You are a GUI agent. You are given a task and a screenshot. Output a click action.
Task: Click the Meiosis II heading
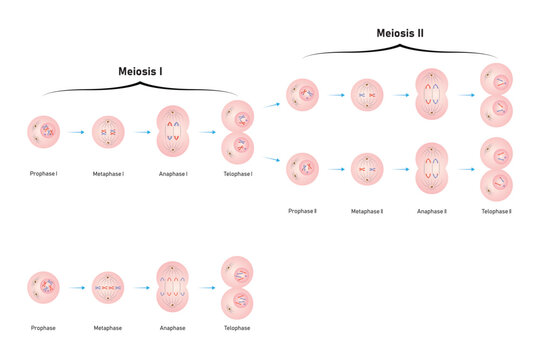[x=401, y=32]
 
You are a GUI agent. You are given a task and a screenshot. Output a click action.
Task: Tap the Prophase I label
[x=43, y=174]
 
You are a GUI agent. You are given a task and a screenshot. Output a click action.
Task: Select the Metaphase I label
[x=108, y=174]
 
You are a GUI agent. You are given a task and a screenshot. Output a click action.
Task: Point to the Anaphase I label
[x=173, y=174]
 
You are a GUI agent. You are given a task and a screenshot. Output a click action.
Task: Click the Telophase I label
[x=237, y=174]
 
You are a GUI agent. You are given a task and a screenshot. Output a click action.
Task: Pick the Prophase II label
[x=302, y=211]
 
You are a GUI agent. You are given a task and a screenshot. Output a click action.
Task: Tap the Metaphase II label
[x=367, y=211]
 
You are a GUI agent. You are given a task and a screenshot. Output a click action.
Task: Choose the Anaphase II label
[x=431, y=211]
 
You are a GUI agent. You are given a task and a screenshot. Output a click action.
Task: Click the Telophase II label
[x=496, y=211]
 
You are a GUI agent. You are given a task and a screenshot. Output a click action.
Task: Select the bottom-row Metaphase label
[x=108, y=326]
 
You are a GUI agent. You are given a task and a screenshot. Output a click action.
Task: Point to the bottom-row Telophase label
[x=237, y=326]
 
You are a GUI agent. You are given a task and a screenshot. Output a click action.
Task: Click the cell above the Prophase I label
[x=44, y=132]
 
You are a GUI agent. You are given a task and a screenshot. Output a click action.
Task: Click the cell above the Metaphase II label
[x=367, y=169]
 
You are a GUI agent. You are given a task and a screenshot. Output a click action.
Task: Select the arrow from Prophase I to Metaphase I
[x=76, y=132]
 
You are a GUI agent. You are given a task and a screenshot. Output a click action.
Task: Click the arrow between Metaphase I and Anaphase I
[x=140, y=132]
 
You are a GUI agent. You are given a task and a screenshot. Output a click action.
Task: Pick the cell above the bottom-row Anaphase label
[x=173, y=288]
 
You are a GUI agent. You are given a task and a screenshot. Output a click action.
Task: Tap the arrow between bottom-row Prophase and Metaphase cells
[x=76, y=288]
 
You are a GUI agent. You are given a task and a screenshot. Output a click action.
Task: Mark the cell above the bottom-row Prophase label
[x=44, y=288]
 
